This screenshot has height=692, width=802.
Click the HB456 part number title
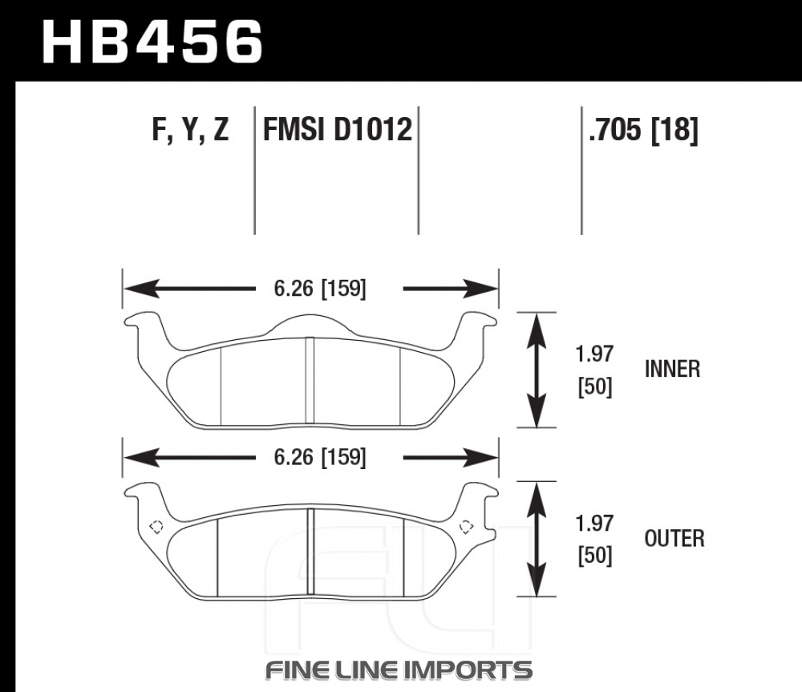pyautogui.click(x=152, y=41)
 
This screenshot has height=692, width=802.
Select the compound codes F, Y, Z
pyautogui.click(x=190, y=129)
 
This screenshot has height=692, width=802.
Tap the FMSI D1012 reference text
pyautogui.click(x=337, y=129)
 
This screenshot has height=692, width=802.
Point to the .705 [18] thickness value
pyautogui.click(x=643, y=130)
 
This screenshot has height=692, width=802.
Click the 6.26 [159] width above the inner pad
pyautogui.click(x=320, y=289)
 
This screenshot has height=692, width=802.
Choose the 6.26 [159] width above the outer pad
pyautogui.click(x=320, y=457)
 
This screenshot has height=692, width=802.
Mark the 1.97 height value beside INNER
pyautogui.click(x=594, y=354)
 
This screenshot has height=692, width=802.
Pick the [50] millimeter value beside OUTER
pyautogui.click(x=595, y=556)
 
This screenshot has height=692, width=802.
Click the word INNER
pyautogui.click(x=672, y=370)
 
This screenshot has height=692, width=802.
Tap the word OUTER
pyautogui.click(x=674, y=539)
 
